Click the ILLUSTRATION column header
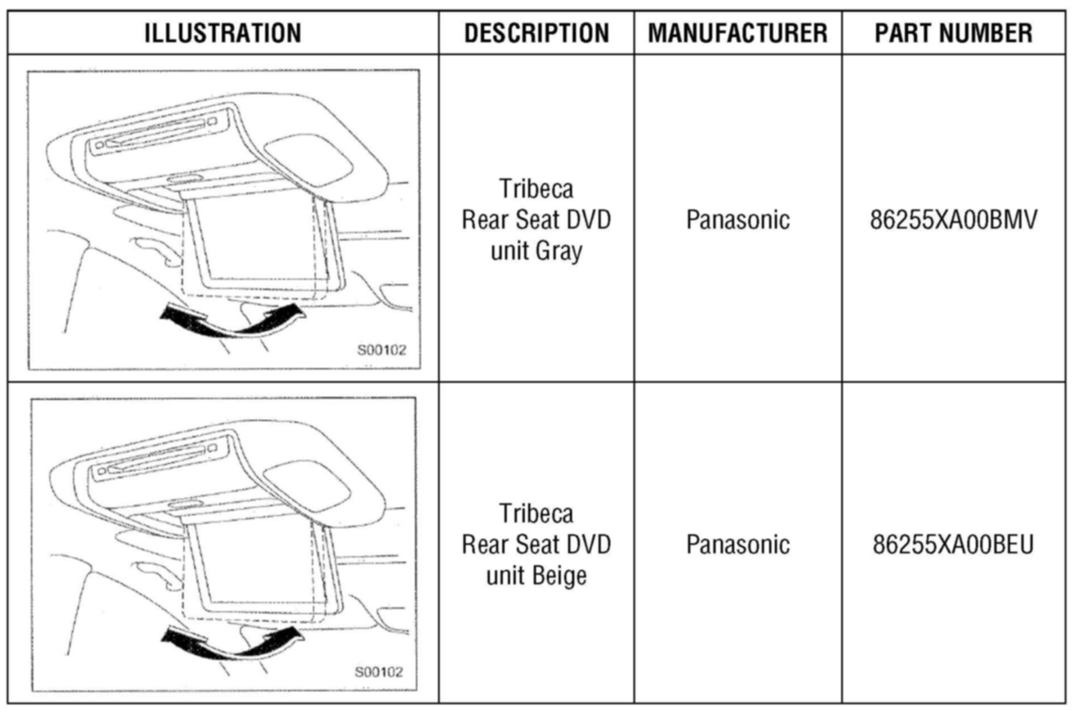[222, 33]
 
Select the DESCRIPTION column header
[536, 33]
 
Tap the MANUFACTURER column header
[738, 33]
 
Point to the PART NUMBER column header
[953, 33]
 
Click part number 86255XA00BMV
[953, 220]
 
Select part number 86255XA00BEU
[953, 544]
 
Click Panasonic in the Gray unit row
[738, 220]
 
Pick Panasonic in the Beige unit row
[738, 544]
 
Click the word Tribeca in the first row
[536, 189]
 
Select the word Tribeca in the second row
[536, 513]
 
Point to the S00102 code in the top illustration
[382, 350]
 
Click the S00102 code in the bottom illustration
[379, 672]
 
